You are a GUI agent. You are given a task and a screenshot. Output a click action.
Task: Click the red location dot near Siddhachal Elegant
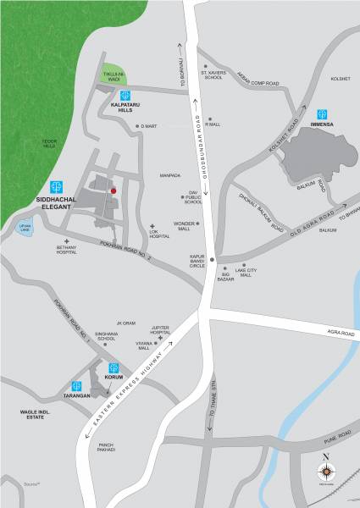112,192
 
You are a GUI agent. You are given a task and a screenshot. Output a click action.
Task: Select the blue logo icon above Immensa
322,113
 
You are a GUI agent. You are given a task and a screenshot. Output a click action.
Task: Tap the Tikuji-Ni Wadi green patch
114,76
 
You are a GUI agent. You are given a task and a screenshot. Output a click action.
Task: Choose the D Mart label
150,126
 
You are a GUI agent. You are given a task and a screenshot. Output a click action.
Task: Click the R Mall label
213,124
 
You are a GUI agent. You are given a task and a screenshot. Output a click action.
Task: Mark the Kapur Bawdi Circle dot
213,258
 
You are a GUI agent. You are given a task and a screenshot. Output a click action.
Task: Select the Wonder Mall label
184,224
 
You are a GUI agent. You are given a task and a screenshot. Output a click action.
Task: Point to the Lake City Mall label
246,272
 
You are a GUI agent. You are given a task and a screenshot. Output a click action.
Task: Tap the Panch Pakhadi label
106,448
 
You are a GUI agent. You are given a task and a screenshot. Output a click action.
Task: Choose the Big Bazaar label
226,276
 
